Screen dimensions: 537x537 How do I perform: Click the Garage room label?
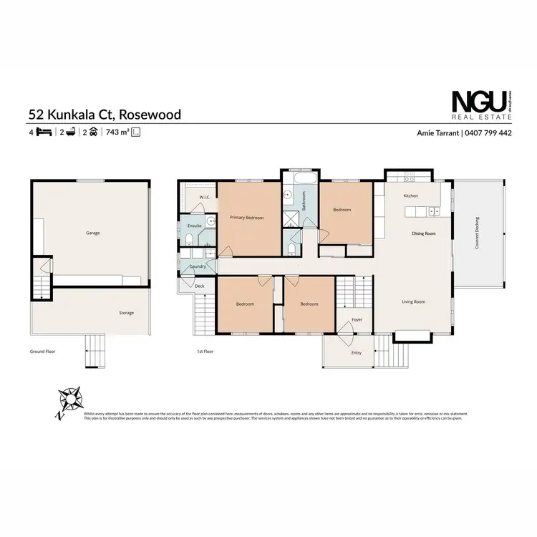point(92,233)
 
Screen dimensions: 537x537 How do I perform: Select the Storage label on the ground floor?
point(126,313)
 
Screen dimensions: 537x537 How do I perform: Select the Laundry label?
point(198,267)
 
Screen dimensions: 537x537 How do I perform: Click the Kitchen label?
point(410,195)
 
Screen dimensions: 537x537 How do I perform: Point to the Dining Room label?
point(424,233)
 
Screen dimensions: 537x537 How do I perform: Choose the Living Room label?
point(413,301)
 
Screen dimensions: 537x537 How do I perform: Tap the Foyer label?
point(357,319)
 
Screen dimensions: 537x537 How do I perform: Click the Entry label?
point(357,352)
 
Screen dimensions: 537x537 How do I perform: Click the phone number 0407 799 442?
point(489,132)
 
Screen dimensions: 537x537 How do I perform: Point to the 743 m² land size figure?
point(117,132)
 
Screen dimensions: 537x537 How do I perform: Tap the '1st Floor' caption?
point(205,352)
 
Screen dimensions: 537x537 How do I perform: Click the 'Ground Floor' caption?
point(42,352)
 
